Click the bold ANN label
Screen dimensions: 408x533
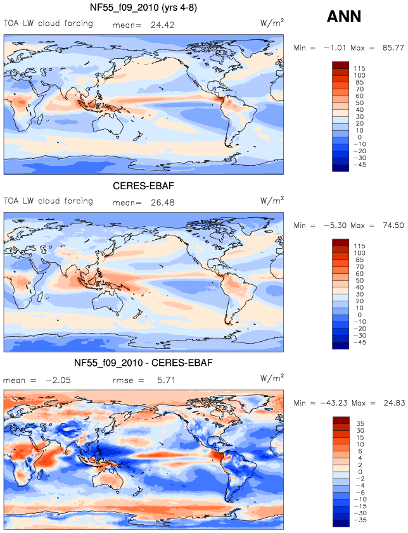pos(343,16)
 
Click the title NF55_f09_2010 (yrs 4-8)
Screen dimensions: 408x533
pos(143,8)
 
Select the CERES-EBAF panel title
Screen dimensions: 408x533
pos(143,185)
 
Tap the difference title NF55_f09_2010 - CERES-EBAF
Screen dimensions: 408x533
pos(143,363)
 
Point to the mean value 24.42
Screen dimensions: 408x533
pos(163,25)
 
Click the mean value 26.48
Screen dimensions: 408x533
pos(163,203)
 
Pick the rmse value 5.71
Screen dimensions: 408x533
pos(166,380)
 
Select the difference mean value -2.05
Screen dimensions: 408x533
pos(58,380)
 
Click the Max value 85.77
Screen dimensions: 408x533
pos(393,47)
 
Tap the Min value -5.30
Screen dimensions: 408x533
pos(335,225)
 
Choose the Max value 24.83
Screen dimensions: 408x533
pos(394,403)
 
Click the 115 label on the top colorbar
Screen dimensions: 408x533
pos(359,68)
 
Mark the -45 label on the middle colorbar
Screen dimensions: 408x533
pos(359,342)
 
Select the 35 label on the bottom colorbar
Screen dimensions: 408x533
pos(360,423)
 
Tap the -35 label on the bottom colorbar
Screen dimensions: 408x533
pos(359,520)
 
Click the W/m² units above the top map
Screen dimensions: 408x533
pos(272,23)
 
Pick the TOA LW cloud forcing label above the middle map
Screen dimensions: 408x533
pos(48,201)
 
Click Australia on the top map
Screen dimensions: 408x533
pos(110,125)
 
